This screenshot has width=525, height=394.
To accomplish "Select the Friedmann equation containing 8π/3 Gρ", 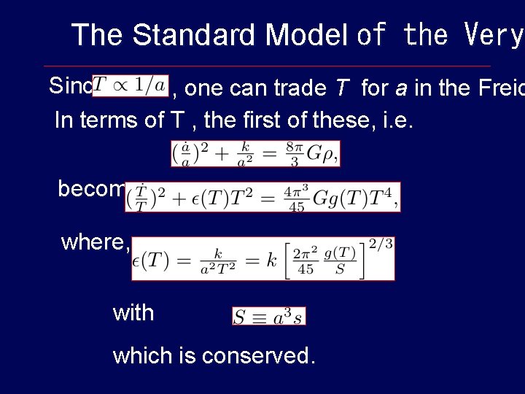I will click(255, 152).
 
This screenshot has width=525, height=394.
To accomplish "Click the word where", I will click(95, 242).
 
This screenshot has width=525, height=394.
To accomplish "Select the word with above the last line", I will click(133, 313).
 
